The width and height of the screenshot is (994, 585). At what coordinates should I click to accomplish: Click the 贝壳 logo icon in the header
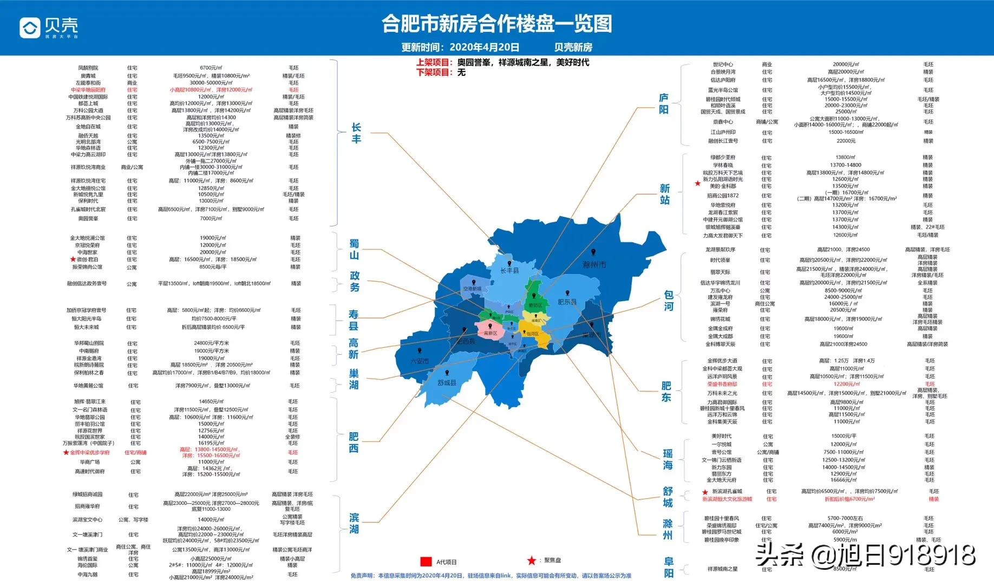[30, 28]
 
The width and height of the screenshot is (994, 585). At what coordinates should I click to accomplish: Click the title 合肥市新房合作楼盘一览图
[496, 24]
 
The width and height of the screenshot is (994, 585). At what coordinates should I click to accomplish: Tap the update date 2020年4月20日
[484, 48]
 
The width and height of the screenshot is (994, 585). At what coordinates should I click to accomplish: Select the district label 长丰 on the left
[356, 133]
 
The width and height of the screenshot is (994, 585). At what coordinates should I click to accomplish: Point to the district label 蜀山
[354, 250]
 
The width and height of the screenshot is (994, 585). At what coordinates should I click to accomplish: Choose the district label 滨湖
[354, 523]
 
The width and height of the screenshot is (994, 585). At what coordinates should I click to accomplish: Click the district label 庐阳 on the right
[664, 103]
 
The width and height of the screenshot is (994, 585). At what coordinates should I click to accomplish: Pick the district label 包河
[669, 301]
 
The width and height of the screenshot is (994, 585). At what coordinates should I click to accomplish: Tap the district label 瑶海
[668, 459]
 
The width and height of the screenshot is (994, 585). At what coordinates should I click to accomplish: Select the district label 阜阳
[669, 568]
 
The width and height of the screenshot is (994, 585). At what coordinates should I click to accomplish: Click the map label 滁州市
[594, 265]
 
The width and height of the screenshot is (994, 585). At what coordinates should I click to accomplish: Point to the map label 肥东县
[567, 302]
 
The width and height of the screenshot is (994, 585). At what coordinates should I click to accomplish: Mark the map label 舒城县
[447, 382]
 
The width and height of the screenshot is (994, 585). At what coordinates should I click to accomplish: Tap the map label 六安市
[419, 361]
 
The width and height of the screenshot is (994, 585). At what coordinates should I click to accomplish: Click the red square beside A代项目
[426, 561]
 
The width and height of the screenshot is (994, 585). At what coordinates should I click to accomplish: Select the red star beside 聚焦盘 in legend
[532, 561]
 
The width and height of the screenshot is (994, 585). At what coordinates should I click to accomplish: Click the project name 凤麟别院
[88, 68]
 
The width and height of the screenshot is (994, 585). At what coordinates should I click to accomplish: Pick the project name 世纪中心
[723, 64]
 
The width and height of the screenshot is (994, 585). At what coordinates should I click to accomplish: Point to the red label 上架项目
[434, 62]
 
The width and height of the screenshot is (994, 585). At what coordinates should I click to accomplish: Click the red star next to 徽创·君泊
[73, 259]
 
